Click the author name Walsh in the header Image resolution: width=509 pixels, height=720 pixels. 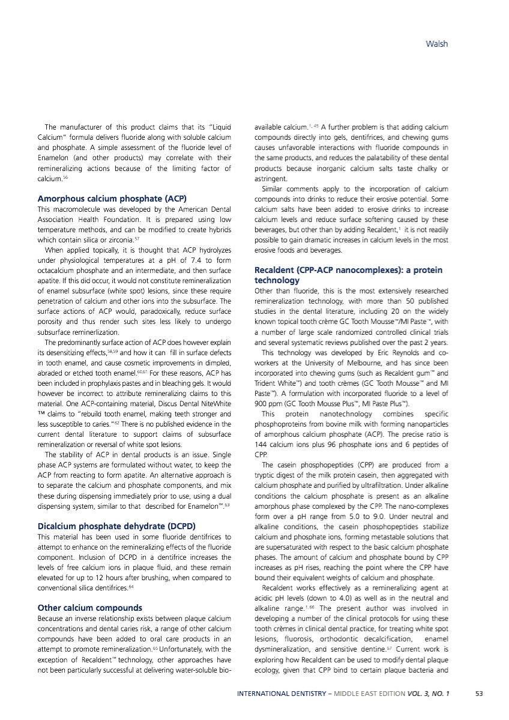436,44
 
